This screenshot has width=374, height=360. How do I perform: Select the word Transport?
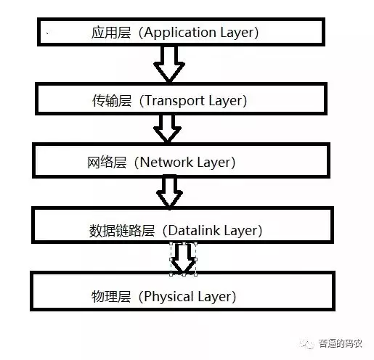coord(176,101)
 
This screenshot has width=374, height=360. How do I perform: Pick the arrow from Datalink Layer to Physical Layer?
coord(184,257)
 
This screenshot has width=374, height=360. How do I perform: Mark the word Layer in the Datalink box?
coord(242,231)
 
